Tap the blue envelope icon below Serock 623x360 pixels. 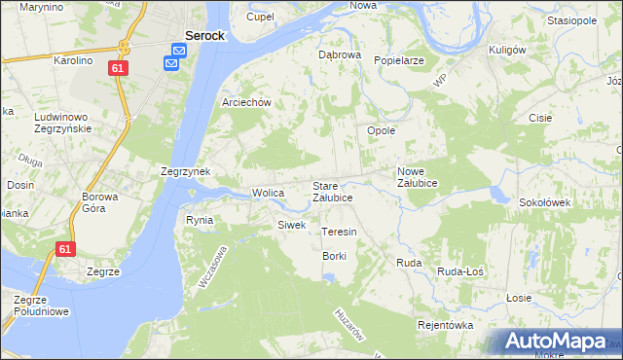coord(171,63)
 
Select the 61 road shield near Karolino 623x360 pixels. coord(118,68)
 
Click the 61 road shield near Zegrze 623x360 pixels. coord(65,250)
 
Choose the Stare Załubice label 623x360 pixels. coord(332,191)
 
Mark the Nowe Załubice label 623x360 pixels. coord(418,177)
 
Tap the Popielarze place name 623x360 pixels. coord(398,60)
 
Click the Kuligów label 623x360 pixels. coord(507,50)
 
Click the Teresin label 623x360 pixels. coord(339,233)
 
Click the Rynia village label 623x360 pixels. coord(200,220)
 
